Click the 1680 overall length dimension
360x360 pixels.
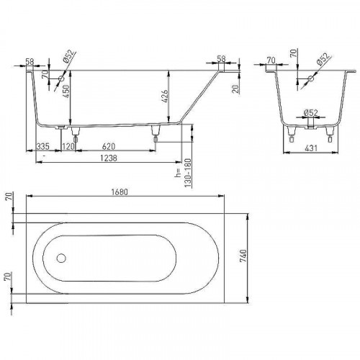coord(120,192)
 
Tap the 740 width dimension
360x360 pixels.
coord(243,256)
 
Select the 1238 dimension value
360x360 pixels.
coord(109,158)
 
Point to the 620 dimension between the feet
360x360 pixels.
coord(109,146)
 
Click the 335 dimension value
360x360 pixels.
coord(42,146)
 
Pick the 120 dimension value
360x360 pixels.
coord(68,146)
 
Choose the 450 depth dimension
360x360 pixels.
coord(66,91)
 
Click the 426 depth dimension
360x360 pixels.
coord(165,96)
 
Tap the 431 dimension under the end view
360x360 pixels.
coord(311,148)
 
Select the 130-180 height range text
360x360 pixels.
coord(188,173)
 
